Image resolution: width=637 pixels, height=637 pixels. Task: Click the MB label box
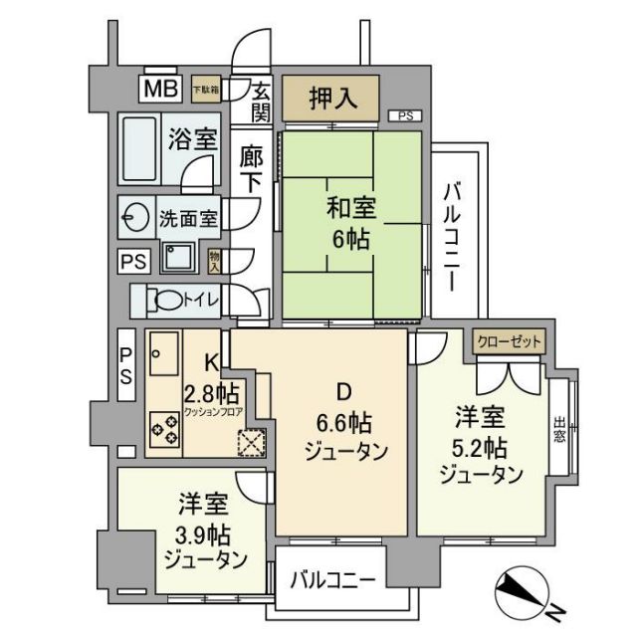point(160,89)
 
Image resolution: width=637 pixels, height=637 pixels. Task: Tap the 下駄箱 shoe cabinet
point(206,89)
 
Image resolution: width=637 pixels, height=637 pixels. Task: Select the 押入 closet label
point(329,99)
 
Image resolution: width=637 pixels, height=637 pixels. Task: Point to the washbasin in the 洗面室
point(135,216)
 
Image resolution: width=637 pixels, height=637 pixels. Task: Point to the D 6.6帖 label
point(339,418)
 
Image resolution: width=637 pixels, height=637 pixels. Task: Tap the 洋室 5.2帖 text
point(480,442)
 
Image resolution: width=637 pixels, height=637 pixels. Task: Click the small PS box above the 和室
point(405,116)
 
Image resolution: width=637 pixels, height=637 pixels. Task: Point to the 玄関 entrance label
point(260,100)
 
